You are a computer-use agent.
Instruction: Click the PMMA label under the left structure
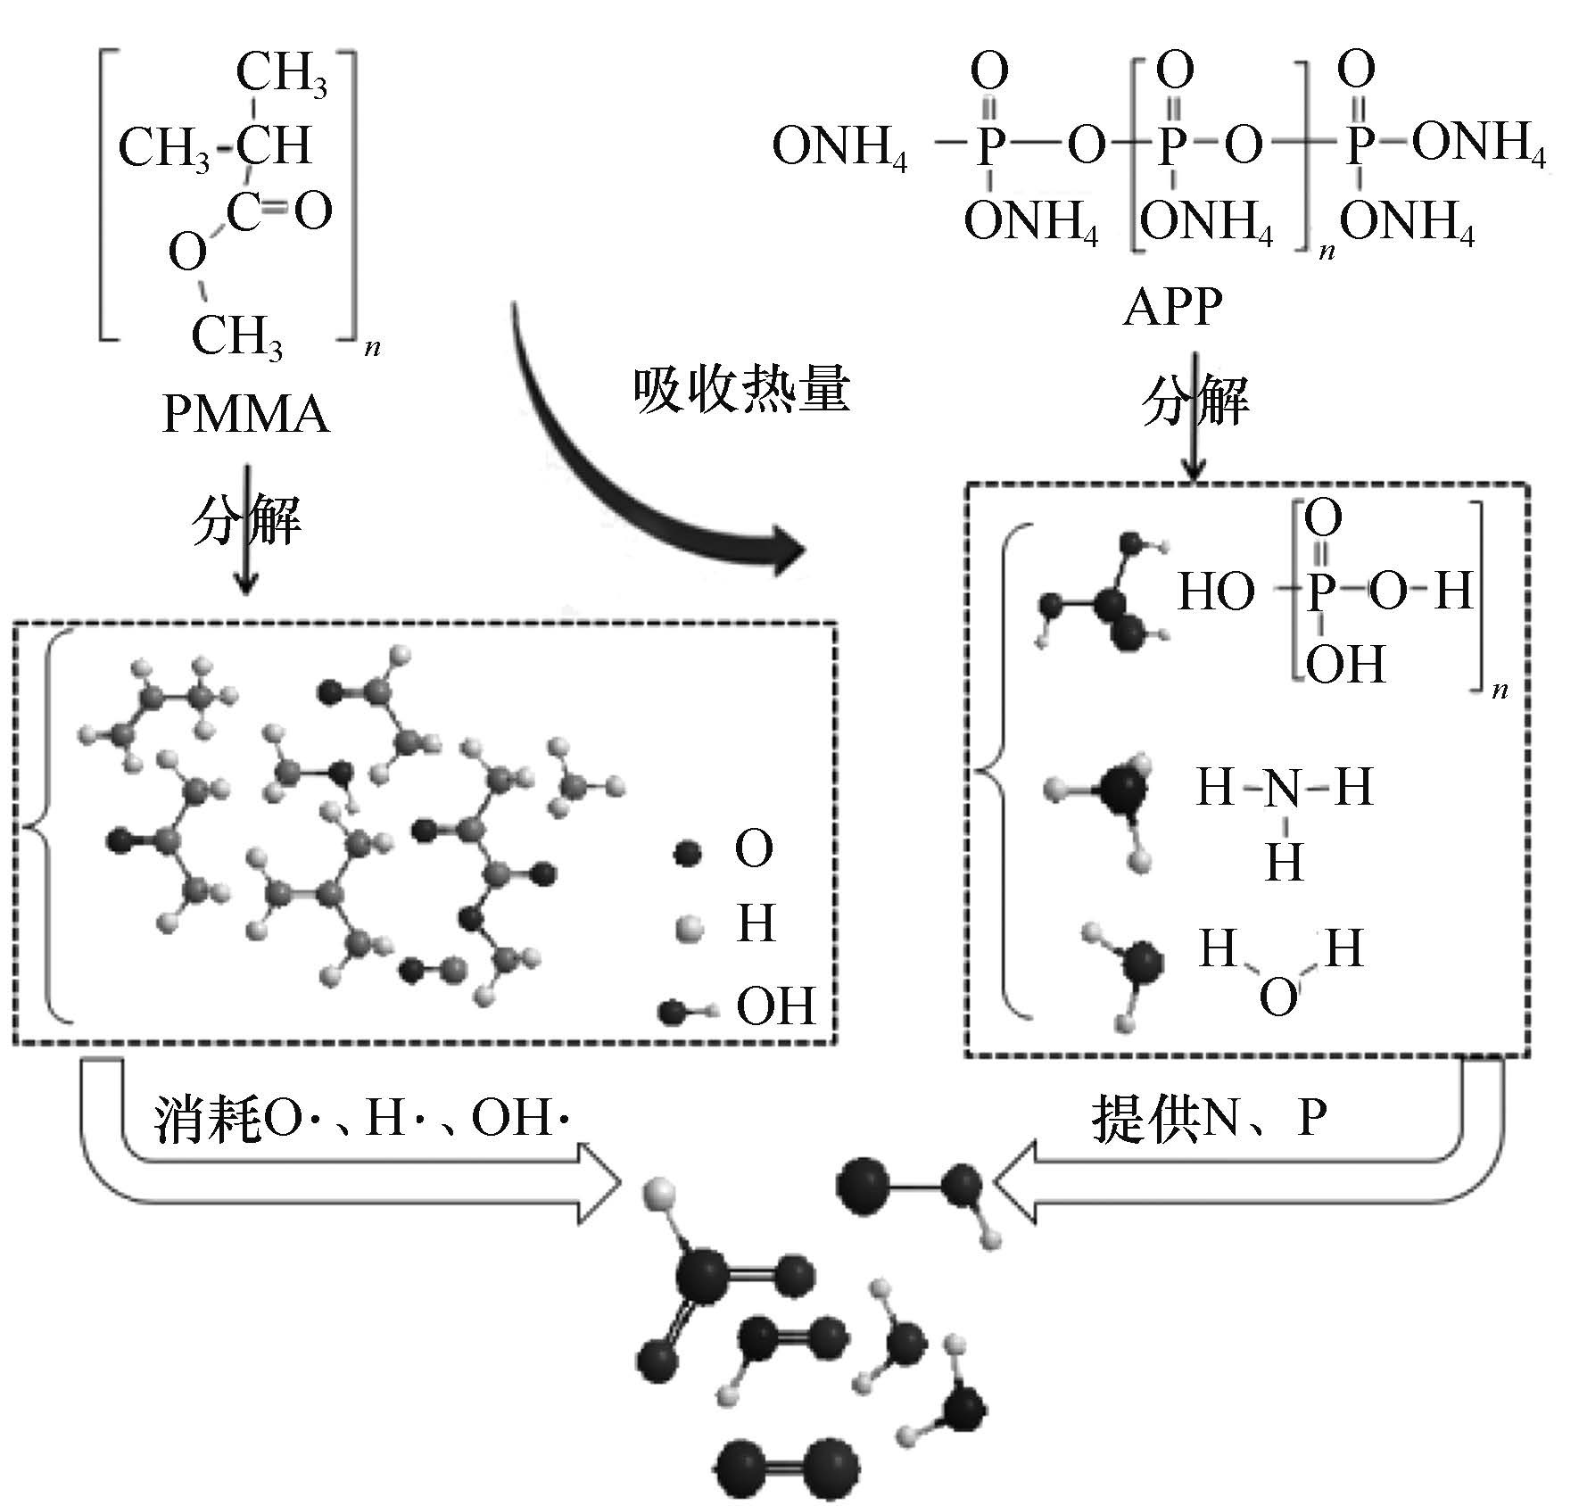click(x=245, y=415)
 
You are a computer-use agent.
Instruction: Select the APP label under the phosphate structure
click(x=1172, y=308)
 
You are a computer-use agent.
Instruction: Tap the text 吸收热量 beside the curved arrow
click(x=741, y=391)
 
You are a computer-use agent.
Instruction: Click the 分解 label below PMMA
click(x=246, y=520)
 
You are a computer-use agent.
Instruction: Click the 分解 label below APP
click(x=1195, y=401)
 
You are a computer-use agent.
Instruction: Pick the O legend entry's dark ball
click(x=687, y=854)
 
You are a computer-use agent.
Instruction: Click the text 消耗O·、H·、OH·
click(x=361, y=1118)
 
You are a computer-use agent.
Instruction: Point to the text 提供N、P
click(x=1209, y=1118)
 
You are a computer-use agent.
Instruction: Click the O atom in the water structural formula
click(x=1277, y=997)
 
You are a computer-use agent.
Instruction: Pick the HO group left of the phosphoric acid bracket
click(x=1216, y=592)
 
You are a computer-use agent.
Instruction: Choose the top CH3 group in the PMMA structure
click(x=282, y=74)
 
